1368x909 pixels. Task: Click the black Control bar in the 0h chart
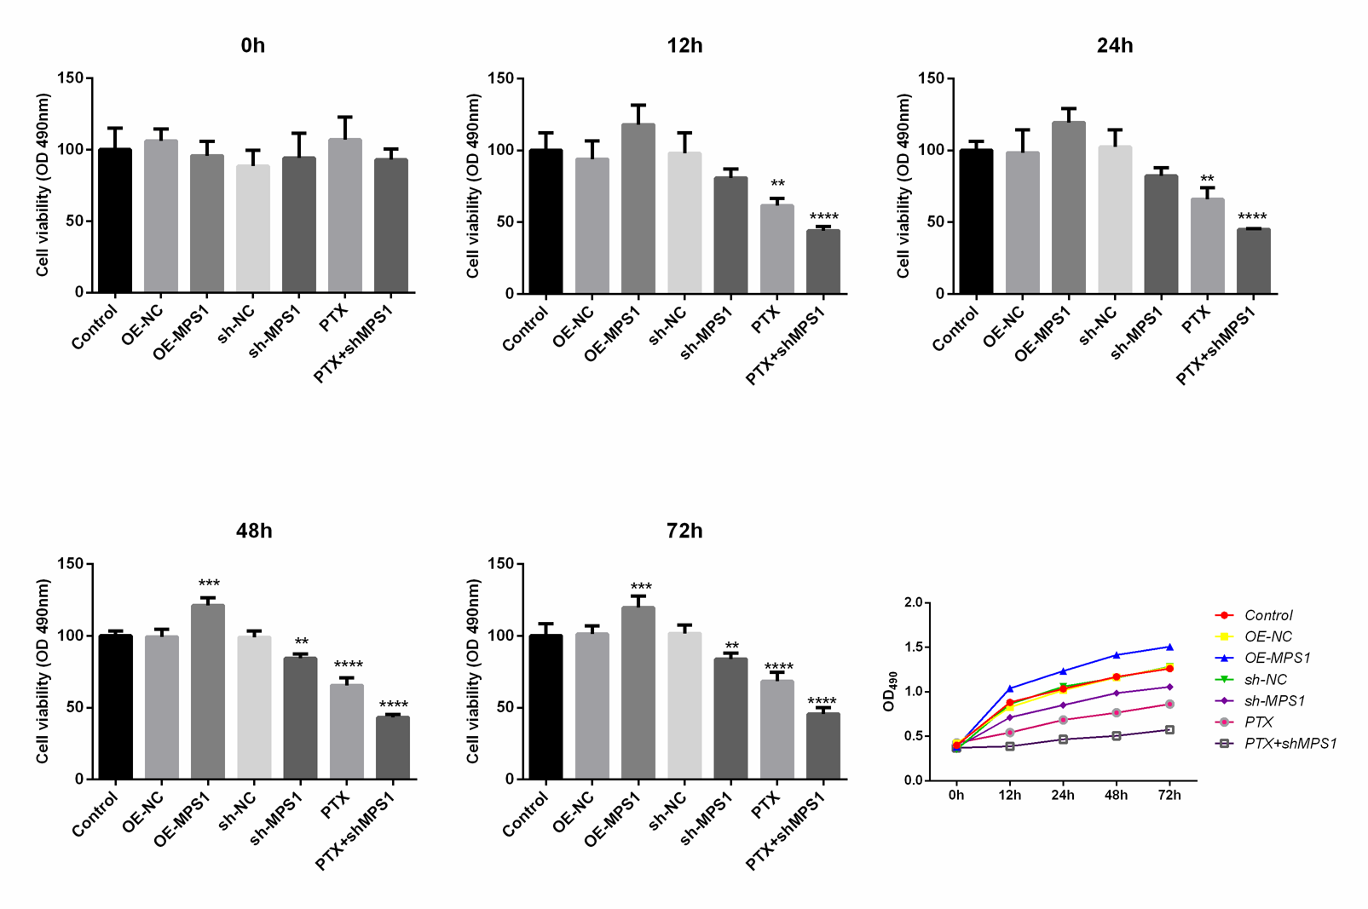115,221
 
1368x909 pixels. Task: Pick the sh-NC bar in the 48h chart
254,707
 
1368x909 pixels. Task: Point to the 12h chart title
684,46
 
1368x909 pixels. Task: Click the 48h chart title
254,531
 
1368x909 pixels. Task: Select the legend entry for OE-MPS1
1277,658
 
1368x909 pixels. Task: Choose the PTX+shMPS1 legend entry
1290,743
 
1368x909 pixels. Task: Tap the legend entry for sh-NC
1265,679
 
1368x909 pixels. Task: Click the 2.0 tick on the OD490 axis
913,602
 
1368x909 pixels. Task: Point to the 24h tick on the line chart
1063,795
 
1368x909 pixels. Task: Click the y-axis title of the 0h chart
43,185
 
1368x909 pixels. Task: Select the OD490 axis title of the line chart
889,691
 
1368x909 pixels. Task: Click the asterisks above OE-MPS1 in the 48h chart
209,584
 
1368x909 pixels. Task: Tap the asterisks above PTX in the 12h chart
777,184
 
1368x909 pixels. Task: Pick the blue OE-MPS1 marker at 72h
1169,647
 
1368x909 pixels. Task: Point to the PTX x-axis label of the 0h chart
334,318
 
